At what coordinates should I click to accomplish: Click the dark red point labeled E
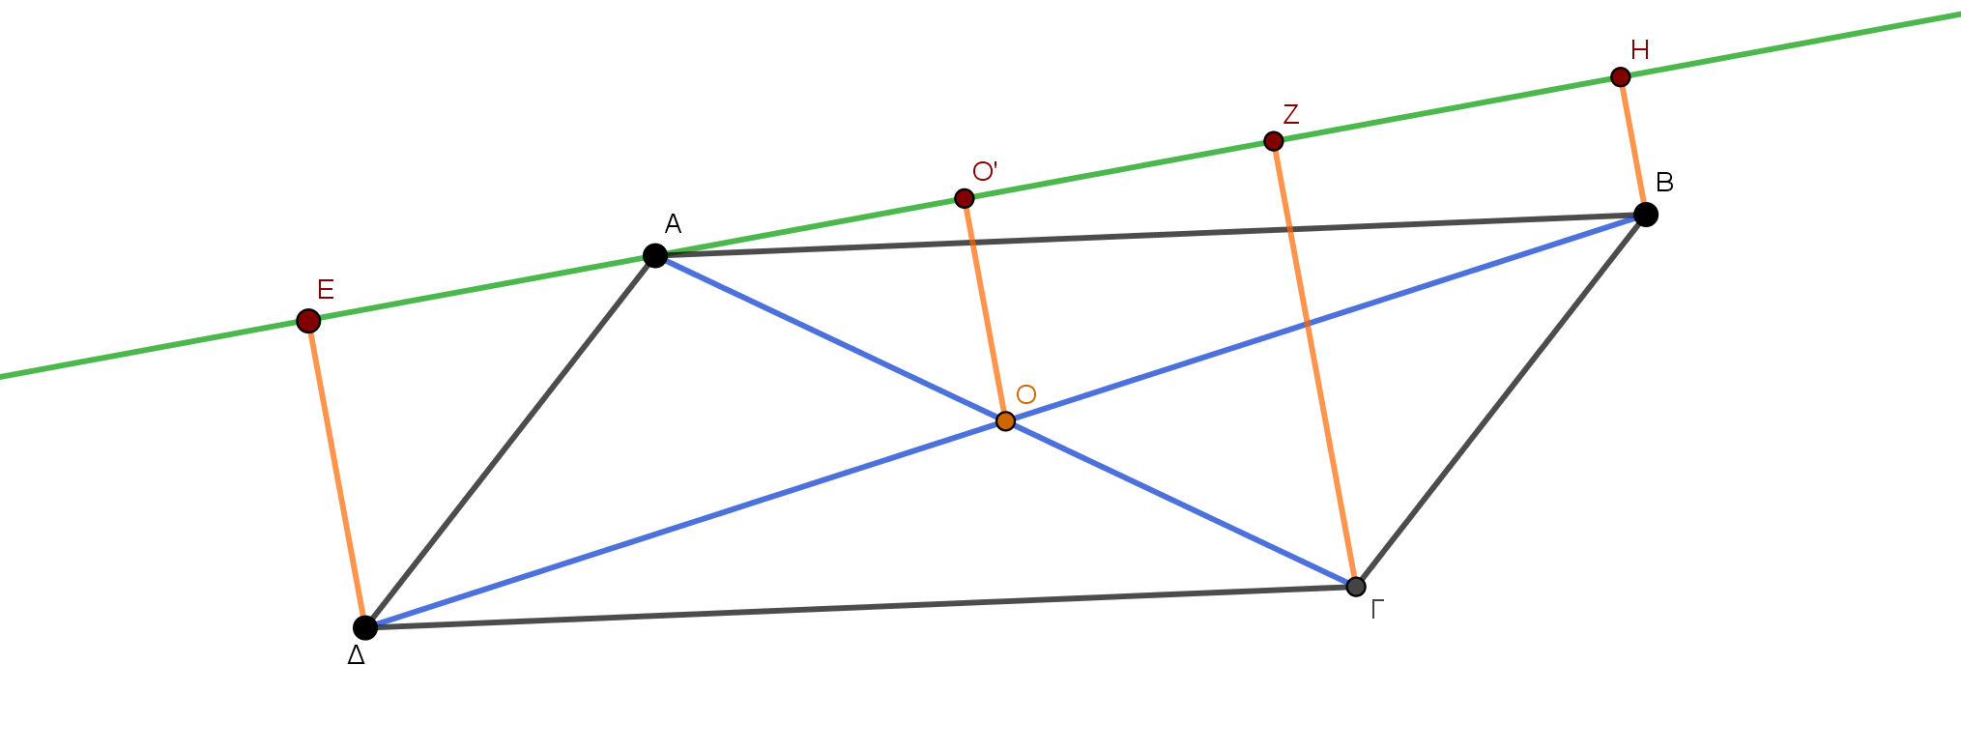coord(308,321)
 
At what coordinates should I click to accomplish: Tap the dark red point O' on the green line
coord(964,198)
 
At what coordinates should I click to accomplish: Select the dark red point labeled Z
coord(1274,141)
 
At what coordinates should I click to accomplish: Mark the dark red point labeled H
coord(1621,77)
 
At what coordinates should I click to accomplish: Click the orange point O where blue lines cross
coord(1005,420)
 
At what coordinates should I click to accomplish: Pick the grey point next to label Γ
coord(1356,587)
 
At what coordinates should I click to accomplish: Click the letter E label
coord(327,289)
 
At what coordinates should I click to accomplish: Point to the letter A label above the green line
coord(674,224)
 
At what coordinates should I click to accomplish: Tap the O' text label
coord(984,171)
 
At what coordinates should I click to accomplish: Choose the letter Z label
coord(1290,114)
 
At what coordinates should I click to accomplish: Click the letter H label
coord(1639,49)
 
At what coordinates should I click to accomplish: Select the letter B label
coord(1664,182)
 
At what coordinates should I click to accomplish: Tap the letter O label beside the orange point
coord(1026,394)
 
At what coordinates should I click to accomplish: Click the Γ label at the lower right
coord(1378,609)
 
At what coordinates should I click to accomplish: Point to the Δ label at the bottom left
coord(356,655)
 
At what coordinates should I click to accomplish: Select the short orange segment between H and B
coord(1632,140)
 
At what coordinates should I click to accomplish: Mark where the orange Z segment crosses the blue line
coord(1307,324)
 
